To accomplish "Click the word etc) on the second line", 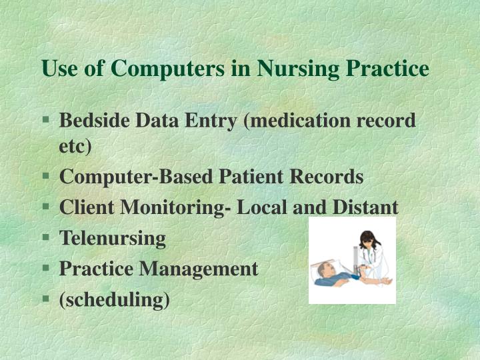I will [75, 147].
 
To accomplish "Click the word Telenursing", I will [113, 238].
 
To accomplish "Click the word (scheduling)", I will [115, 300].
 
